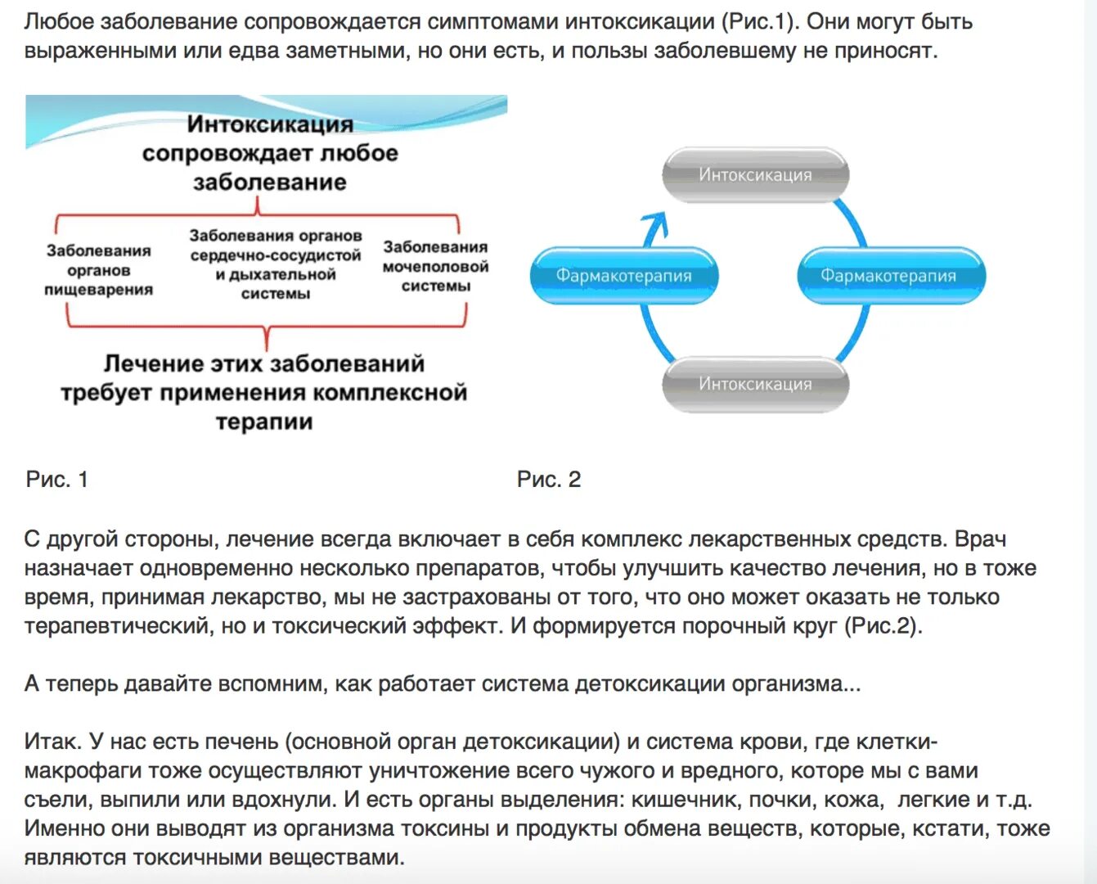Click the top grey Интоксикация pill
tap(755, 174)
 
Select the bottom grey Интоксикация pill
tap(755, 384)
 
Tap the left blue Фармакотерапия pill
tap(624, 276)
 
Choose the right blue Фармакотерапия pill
tap(889, 276)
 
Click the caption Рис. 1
tap(57, 480)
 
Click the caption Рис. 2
tap(549, 480)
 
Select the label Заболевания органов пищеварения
tap(98, 270)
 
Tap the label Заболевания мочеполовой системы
tap(435, 266)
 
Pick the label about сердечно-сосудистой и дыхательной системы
tap(276, 264)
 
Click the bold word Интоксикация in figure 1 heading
tap(270, 124)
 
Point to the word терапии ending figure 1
tap(264, 422)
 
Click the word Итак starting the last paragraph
tap(52, 742)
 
